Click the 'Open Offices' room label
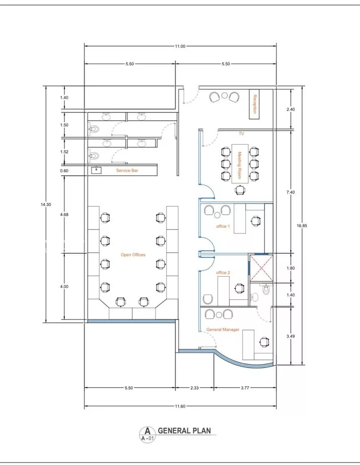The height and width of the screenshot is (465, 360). pos(133,255)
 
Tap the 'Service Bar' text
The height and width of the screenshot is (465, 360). pos(127,171)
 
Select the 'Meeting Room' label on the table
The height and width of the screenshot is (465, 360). pos(240,165)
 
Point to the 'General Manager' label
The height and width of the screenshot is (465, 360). pos(223,330)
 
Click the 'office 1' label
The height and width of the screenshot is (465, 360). pos(223,226)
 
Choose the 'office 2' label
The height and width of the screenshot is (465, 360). pos(223,272)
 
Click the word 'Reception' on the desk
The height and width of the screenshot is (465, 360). pos(254,104)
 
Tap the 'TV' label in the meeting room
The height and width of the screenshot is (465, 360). pos(241,134)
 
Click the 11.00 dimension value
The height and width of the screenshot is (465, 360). pos(180,46)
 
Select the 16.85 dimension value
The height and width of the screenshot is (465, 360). pos(302,226)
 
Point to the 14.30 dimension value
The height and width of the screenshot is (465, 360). pos(46,205)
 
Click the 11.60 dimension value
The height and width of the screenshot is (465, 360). pos(180,406)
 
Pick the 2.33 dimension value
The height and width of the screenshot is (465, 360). pos(194,388)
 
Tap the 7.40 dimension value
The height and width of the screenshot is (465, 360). pos(291,193)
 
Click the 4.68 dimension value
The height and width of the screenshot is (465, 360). pos(64,214)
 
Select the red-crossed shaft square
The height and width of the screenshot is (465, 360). pos(261,268)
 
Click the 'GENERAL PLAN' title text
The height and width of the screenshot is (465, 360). pos(184,430)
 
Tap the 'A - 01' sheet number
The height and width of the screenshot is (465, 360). pos(147,438)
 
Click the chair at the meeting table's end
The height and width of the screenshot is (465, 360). pos(240,189)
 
